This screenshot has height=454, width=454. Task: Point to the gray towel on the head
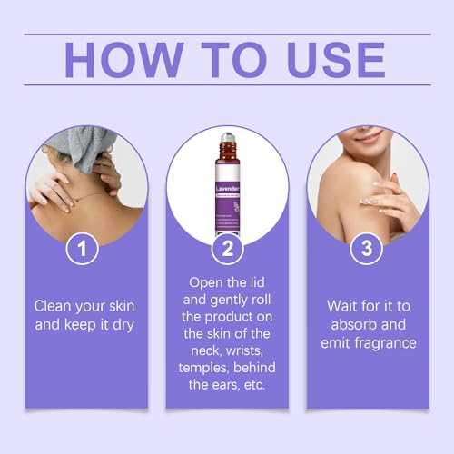(x=80, y=143)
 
